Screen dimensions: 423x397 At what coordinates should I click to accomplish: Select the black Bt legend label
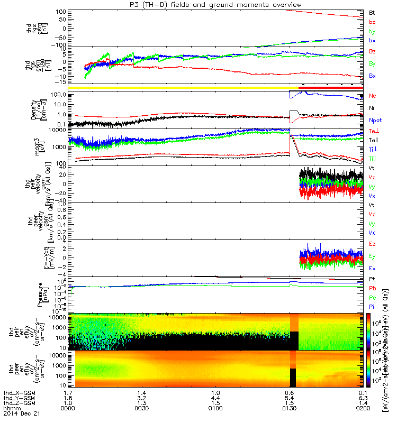click(x=372, y=12)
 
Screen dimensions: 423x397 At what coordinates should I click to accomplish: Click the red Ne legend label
click(x=373, y=96)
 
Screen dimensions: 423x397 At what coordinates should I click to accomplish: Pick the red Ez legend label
click(x=372, y=244)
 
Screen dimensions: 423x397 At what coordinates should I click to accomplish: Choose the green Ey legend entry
click(x=372, y=256)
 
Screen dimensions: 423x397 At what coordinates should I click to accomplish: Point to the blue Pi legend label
click(x=372, y=306)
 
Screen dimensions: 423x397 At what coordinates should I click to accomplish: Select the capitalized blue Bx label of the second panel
click(x=372, y=76)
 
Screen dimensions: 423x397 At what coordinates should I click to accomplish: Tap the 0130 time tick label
click(x=290, y=409)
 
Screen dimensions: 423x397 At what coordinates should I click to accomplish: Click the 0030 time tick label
click(x=141, y=409)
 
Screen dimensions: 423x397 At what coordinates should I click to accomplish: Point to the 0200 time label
click(x=364, y=409)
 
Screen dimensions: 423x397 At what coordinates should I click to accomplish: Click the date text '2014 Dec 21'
click(x=19, y=415)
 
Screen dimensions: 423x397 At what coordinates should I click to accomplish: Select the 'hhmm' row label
click(x=11, y=409)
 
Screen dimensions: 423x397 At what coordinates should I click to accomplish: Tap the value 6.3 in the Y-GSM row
click(x=364, y=398)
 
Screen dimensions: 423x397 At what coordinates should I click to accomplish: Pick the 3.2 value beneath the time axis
click(x=141, y=398)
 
